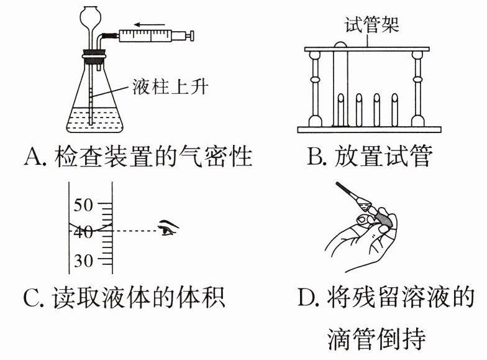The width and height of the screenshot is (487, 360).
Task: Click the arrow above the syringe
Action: [x=148, y=25]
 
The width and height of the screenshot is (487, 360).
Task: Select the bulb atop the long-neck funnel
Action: [x=92, y=12]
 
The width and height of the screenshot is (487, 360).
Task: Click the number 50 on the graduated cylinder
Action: [x=83, y=205]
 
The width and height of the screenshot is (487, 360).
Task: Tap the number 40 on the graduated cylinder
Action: [x=83, y=232]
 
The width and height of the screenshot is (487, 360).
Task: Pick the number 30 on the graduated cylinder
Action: [x=83, y=260]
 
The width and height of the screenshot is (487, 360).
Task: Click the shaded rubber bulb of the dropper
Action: [x=383, y=218]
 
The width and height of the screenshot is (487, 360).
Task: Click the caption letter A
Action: [x=32, y=157]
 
